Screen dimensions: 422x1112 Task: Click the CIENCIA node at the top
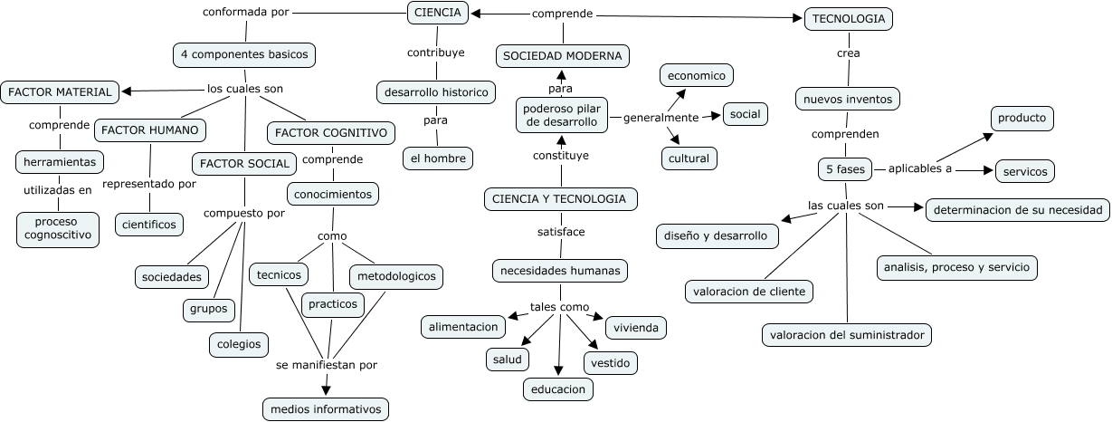[438, 13]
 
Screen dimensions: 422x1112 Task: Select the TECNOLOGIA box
[849, 19]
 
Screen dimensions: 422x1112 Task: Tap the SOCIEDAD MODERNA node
[563, 56]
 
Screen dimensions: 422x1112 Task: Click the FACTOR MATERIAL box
[60, 92]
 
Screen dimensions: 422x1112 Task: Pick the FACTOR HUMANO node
[150, 130]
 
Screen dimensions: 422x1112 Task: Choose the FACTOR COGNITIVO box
[332, 133]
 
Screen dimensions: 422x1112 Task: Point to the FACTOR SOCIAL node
[244, 164]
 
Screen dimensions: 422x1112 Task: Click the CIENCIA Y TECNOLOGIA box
[561, 199]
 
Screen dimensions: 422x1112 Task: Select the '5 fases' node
[846, 169]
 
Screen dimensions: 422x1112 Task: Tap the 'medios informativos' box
[327, 409]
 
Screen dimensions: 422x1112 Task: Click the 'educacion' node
[558, 389]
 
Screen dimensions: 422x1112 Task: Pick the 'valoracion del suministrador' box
[847, 335]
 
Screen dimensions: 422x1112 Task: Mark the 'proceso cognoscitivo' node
[57, 229]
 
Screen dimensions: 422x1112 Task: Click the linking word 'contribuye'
[435, 53]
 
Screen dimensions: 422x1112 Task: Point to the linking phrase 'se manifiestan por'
[327, 366]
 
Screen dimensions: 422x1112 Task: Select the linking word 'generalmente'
[661, 118]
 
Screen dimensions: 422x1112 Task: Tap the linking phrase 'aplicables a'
[919, 168]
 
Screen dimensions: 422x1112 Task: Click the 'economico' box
[697, 76]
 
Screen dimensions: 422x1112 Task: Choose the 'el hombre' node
[438, 158]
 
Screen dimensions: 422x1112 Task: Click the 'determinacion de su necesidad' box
[1019, 210]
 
